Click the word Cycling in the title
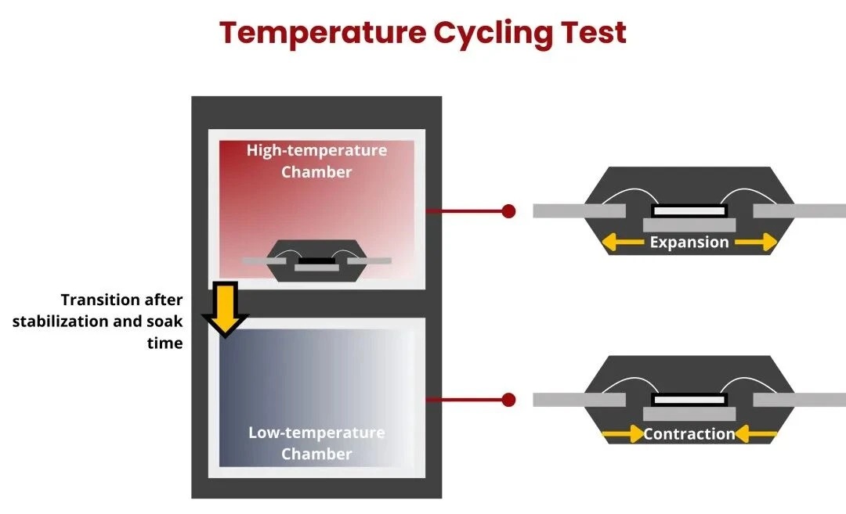coord(493,34)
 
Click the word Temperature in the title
coord(323,32)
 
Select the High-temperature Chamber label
coord(316,161)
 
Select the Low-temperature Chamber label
coord(316,443)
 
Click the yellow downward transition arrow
coord(225,310)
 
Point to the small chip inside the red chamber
coord(316,261)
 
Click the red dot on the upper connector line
coord(508,211)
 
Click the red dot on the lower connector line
coord(508,400)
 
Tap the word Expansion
coord(689,243)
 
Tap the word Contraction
coord(689,433)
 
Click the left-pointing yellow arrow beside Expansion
coord(623,243)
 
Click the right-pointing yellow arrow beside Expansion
coord(755,243)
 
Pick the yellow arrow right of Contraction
coord(755,433)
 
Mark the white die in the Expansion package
coord(689,210)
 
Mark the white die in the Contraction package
coord(689,400)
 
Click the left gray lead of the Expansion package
coord(580,210)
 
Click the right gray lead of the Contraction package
coord(800,400)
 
